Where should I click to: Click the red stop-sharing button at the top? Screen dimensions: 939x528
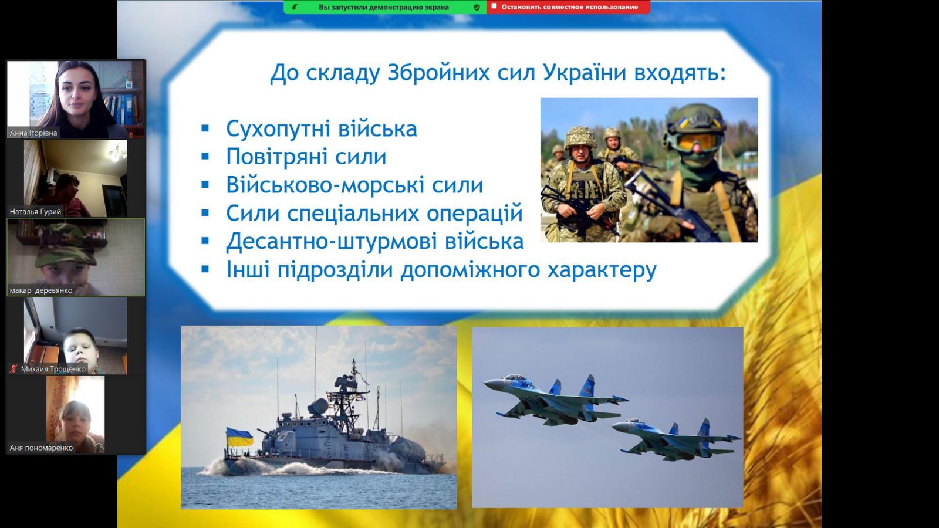coord(569,7)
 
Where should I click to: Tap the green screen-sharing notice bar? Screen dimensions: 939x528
coord(385,7)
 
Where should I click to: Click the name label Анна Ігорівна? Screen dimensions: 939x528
coord(33,133)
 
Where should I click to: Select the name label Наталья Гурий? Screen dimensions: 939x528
coord(35,212)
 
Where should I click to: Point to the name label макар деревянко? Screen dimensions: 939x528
coord(41,290)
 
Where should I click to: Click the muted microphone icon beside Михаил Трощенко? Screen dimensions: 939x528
coord(14,369)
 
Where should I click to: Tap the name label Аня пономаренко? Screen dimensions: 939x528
coord(41,448)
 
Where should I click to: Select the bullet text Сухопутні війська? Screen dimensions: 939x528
coord(322,128)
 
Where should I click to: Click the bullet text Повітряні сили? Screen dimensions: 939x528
coord(306,157)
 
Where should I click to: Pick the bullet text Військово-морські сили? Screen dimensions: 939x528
coord(354,185)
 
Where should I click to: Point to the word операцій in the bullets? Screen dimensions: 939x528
coord(475,214)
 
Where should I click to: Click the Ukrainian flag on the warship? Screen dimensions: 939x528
coord(240,437)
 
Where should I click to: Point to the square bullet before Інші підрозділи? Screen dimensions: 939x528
coord(205,269)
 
